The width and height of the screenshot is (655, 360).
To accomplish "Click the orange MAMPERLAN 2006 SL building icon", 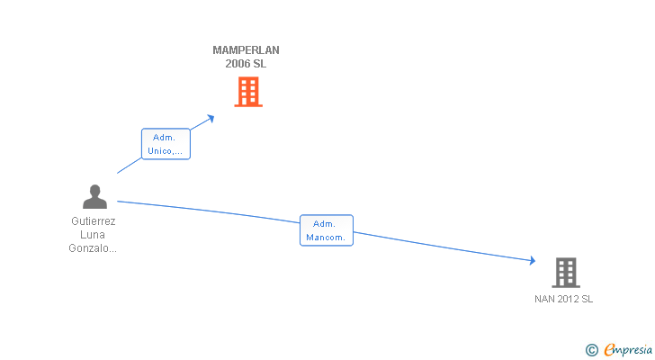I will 248,92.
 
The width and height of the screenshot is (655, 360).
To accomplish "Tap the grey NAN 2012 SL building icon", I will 565,272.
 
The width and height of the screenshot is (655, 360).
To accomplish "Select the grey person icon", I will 94,197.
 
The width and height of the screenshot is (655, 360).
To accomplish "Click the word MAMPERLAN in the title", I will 246,50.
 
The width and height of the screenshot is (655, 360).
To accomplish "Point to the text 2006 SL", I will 246,64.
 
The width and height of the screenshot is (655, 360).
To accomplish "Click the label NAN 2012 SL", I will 563,299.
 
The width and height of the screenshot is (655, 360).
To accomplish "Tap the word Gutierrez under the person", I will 94,220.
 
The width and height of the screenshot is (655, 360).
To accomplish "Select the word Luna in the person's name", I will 94,234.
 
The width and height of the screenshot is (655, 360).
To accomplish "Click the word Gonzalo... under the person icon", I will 94,248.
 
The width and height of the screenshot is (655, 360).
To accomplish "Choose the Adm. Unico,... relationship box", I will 166,144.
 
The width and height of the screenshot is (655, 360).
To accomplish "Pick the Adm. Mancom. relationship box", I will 326,230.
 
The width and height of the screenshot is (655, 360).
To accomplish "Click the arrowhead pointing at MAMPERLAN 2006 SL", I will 211,117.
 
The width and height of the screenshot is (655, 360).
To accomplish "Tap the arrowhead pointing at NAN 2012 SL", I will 532,261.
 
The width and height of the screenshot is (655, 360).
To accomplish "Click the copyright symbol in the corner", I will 591,349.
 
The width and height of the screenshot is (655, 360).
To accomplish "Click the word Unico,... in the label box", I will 166,151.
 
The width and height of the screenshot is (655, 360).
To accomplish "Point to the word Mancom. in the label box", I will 326,238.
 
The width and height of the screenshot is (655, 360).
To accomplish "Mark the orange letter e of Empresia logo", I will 608,349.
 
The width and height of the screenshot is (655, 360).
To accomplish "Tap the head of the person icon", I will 94,190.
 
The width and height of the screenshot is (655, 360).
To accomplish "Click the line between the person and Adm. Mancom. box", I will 207,211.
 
